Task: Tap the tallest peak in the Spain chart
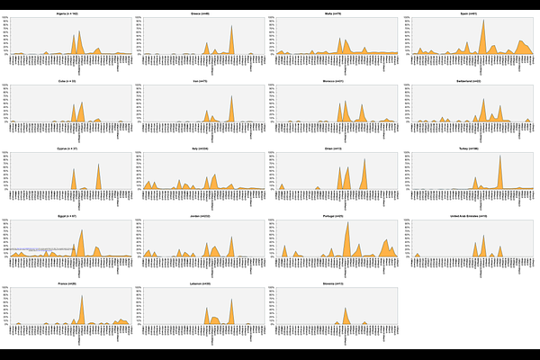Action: [x=483, y=21]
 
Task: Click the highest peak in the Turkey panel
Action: [x=500, y=156]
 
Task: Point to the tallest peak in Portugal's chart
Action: [x=347, y=222]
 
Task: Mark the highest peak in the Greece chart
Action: [x=231, y=25]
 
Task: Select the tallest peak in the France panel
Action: [x=82, y=295]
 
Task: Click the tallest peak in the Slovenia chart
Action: [x=346, y=308]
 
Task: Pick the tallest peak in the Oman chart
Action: [x=364, y=160]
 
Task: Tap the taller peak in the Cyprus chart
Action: [x=98, y=165]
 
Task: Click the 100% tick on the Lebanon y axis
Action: [x=142, y=289]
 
